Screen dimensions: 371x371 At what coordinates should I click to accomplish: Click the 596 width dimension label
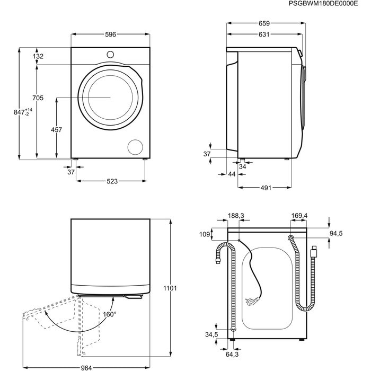(110, 34)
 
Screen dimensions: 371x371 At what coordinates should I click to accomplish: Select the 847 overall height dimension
(23, 112)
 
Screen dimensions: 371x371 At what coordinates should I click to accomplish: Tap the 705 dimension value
(37, 98)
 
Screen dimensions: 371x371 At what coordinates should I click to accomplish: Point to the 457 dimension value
(56, 130)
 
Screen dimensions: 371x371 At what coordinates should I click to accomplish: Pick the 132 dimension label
(38, 56)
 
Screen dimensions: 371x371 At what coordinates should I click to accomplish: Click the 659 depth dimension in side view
(264, 23)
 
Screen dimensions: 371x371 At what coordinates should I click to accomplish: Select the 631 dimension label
(264, 34)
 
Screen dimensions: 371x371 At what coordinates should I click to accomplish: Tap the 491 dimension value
(266, 188)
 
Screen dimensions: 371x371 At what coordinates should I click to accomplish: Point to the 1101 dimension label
(170, 288)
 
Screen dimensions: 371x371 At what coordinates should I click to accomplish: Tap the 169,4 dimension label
(299, 216)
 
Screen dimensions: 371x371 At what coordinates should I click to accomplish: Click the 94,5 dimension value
(336, 233)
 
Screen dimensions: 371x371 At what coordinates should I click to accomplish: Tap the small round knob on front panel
(110, 54)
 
